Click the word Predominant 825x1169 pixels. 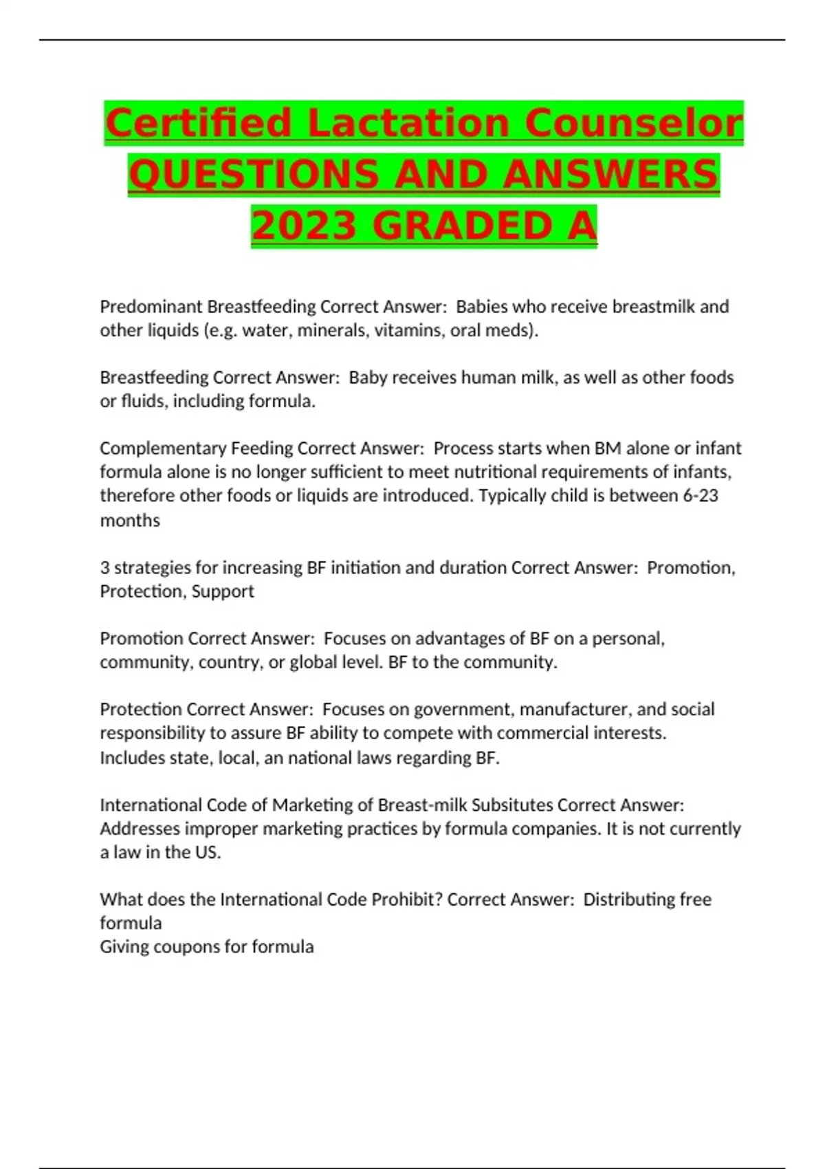[151, 307]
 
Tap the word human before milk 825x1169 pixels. [479, 378]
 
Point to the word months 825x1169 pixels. [130, 521]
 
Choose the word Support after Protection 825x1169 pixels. [223, 591]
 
